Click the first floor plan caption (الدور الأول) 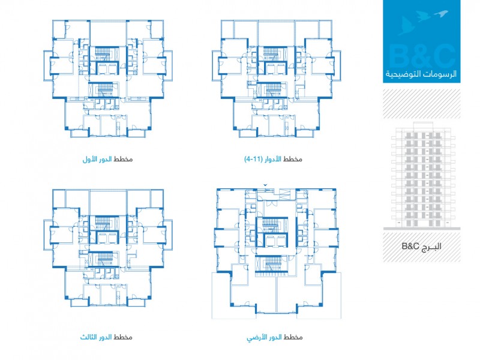pos(107,159)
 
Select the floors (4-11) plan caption pos(273,159)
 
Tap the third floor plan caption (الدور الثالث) pos(106,337)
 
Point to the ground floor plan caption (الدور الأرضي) pos(275,337)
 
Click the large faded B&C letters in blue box pos(422,56)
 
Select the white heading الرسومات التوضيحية pos(421,74)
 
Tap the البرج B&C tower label pos(422,246)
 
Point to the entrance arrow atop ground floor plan pos(265,185)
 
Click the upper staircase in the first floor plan pos(104,54)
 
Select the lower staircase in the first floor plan pos(104,89)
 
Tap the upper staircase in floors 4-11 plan pos(272,54)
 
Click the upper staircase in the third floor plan pos(104,223)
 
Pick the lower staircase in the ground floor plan pos(272,264)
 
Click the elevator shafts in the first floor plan pos(107,68)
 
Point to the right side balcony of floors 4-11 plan pos(337,65)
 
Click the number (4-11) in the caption pos(253,160)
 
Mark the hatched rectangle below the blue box pos(422,104)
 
